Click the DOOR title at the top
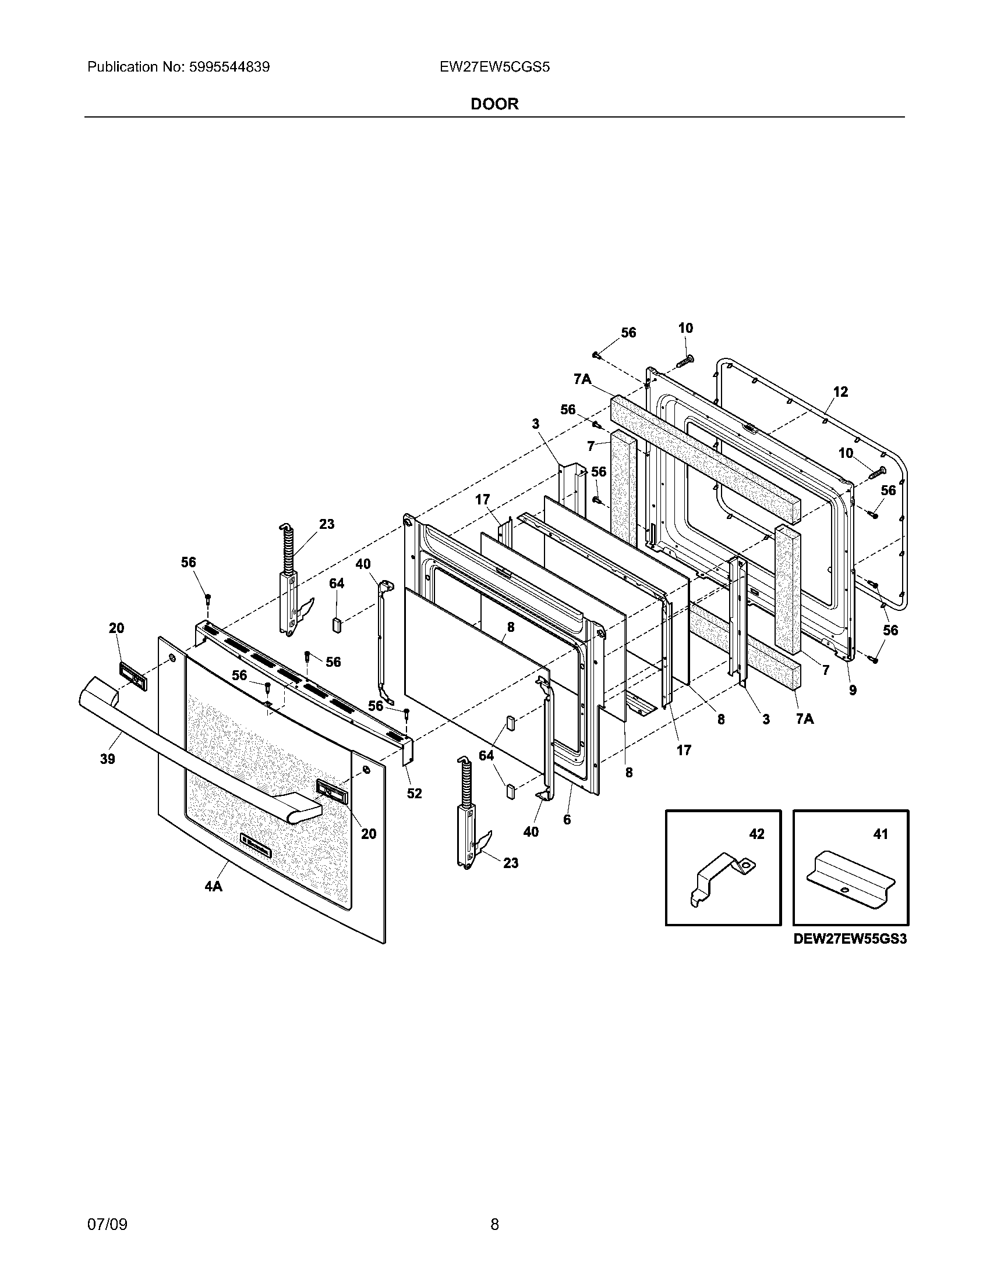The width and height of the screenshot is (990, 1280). pyautogui.click(x=494, y=104)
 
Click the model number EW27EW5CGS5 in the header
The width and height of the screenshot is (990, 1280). pyautogui.click(x=494, y=67)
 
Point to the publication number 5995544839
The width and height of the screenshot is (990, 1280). pyautogui.click(x=229, y=67)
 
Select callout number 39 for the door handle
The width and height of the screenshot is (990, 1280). pyautogui.click(x=107, y=759)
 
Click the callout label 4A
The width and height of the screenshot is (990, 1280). pyautogui.click(x=214, y=903)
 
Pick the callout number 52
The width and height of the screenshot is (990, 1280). pyautogui.click(x=414, y=793)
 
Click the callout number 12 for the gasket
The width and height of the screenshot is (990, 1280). pyautogui.click(x=840, y=392)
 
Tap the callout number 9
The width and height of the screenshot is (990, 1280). pyautogui.click(x=853, y=691)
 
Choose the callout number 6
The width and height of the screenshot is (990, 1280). pyautogui.click(x=567, y=819)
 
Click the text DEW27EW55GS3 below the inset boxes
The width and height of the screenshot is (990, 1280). pyautogui.click(x=850, y=939)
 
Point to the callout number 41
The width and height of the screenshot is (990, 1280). pyautogui.click(x=881, y=833)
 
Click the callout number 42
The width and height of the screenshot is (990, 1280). pyautogui.click(x=757, y=833)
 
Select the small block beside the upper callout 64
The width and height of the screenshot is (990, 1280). pyautogui.click(x=336, y=625)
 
